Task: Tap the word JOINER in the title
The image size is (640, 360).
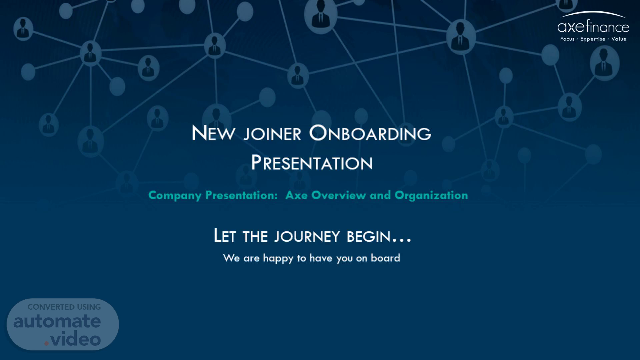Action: (x=272, y=134)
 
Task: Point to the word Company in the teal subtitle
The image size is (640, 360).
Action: (x=175, y=195)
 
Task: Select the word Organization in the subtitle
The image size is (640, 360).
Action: (x=431, y=195)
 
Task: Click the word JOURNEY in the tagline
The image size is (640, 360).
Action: (x=307, y=236)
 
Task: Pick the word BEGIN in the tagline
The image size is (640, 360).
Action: (x=368, y=236)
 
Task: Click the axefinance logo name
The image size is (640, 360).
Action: (x=593, y=26)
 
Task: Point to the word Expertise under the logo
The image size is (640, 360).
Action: (x=593, y=39)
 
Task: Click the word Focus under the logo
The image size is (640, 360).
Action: (x=567, y=39)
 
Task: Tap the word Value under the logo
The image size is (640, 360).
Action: (x=619, y=39)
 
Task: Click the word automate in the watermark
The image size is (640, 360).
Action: (x=57, y=321)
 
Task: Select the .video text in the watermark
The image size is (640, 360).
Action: (x=73, y=339)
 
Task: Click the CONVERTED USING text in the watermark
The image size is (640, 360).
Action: (x=64, y=307)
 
